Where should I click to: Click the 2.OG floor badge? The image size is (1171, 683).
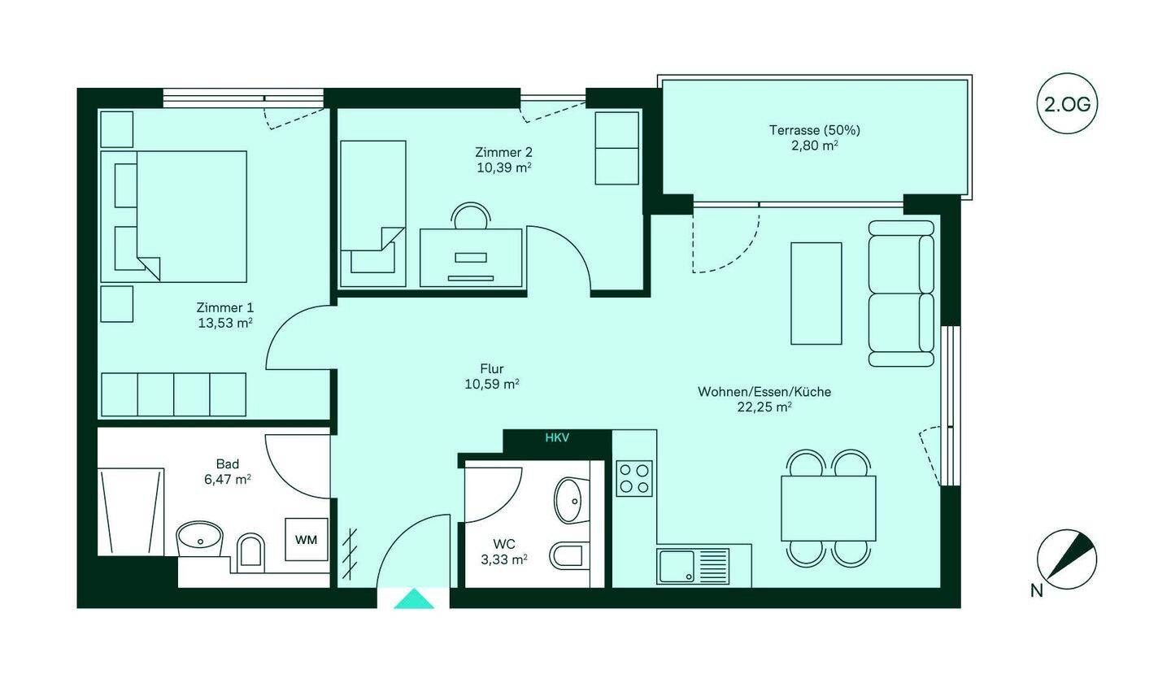[x=1067, y=103]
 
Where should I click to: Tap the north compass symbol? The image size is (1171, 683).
[x=1067, y=559]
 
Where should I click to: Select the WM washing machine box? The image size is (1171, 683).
[x=307, y=540]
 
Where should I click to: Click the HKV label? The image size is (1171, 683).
[x=557, y=437]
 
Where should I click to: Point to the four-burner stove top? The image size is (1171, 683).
[x=634, y=478]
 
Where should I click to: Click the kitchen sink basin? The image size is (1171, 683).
[x=677, y=567]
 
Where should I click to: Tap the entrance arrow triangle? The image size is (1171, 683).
[x=414, y=599]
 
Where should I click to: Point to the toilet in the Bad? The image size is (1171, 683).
[x=251, y=552]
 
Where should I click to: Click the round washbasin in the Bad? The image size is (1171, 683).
[x=200, y=539]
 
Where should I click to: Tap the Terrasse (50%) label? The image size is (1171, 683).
[x=815, y=129]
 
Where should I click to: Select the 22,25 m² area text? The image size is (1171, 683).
[x=764, y=407]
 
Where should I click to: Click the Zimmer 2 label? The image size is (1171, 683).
[x=503, y=152]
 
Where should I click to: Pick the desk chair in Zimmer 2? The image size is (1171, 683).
[x=472, y=215]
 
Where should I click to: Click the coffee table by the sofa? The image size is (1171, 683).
[x=816, y=294]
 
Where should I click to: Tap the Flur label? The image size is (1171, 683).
[x=492, y=368]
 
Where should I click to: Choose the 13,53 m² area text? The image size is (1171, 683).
[x=224, y=323]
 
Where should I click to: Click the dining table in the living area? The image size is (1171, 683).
[x=829, y=508]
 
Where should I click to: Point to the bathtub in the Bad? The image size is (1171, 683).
[x=131, y=511]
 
